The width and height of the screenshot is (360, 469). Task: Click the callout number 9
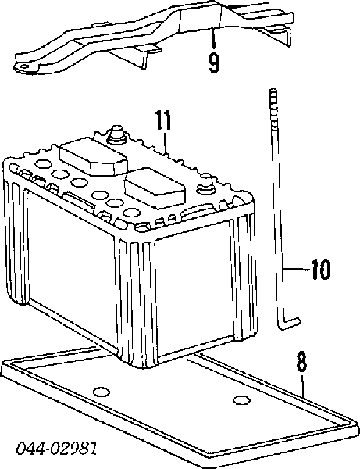pyautogui.click(x=214, y=63)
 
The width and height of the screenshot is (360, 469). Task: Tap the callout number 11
pyautogui.click(x=163, y=120)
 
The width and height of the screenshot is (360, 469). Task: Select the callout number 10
pyautogui.click(x=320, y=269)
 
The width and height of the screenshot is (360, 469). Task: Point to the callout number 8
pyautogui.click(x=301, y=362)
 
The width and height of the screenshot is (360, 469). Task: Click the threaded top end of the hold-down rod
pyautogui.click(x=273, y=102)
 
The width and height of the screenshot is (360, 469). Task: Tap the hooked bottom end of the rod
pyautogui.click(x=288, y=324)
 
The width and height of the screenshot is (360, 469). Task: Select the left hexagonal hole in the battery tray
pyautogui.click(x=102, y=392)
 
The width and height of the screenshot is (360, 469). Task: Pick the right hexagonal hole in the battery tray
pyautogui.click(x=241, y=399)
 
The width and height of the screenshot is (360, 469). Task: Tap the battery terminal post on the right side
pyautogui.click(x=205, y=184)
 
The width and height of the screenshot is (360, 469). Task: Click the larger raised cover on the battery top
pyautogui.click(x=94, y=156)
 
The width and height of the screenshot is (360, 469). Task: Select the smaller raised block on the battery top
pyautogui.click(x=155, y=188)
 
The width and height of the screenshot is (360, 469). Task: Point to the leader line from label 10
pyautogui.click(x=297, y=269)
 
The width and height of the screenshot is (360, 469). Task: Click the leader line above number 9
pyautogui.click(x=212, y=39)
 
